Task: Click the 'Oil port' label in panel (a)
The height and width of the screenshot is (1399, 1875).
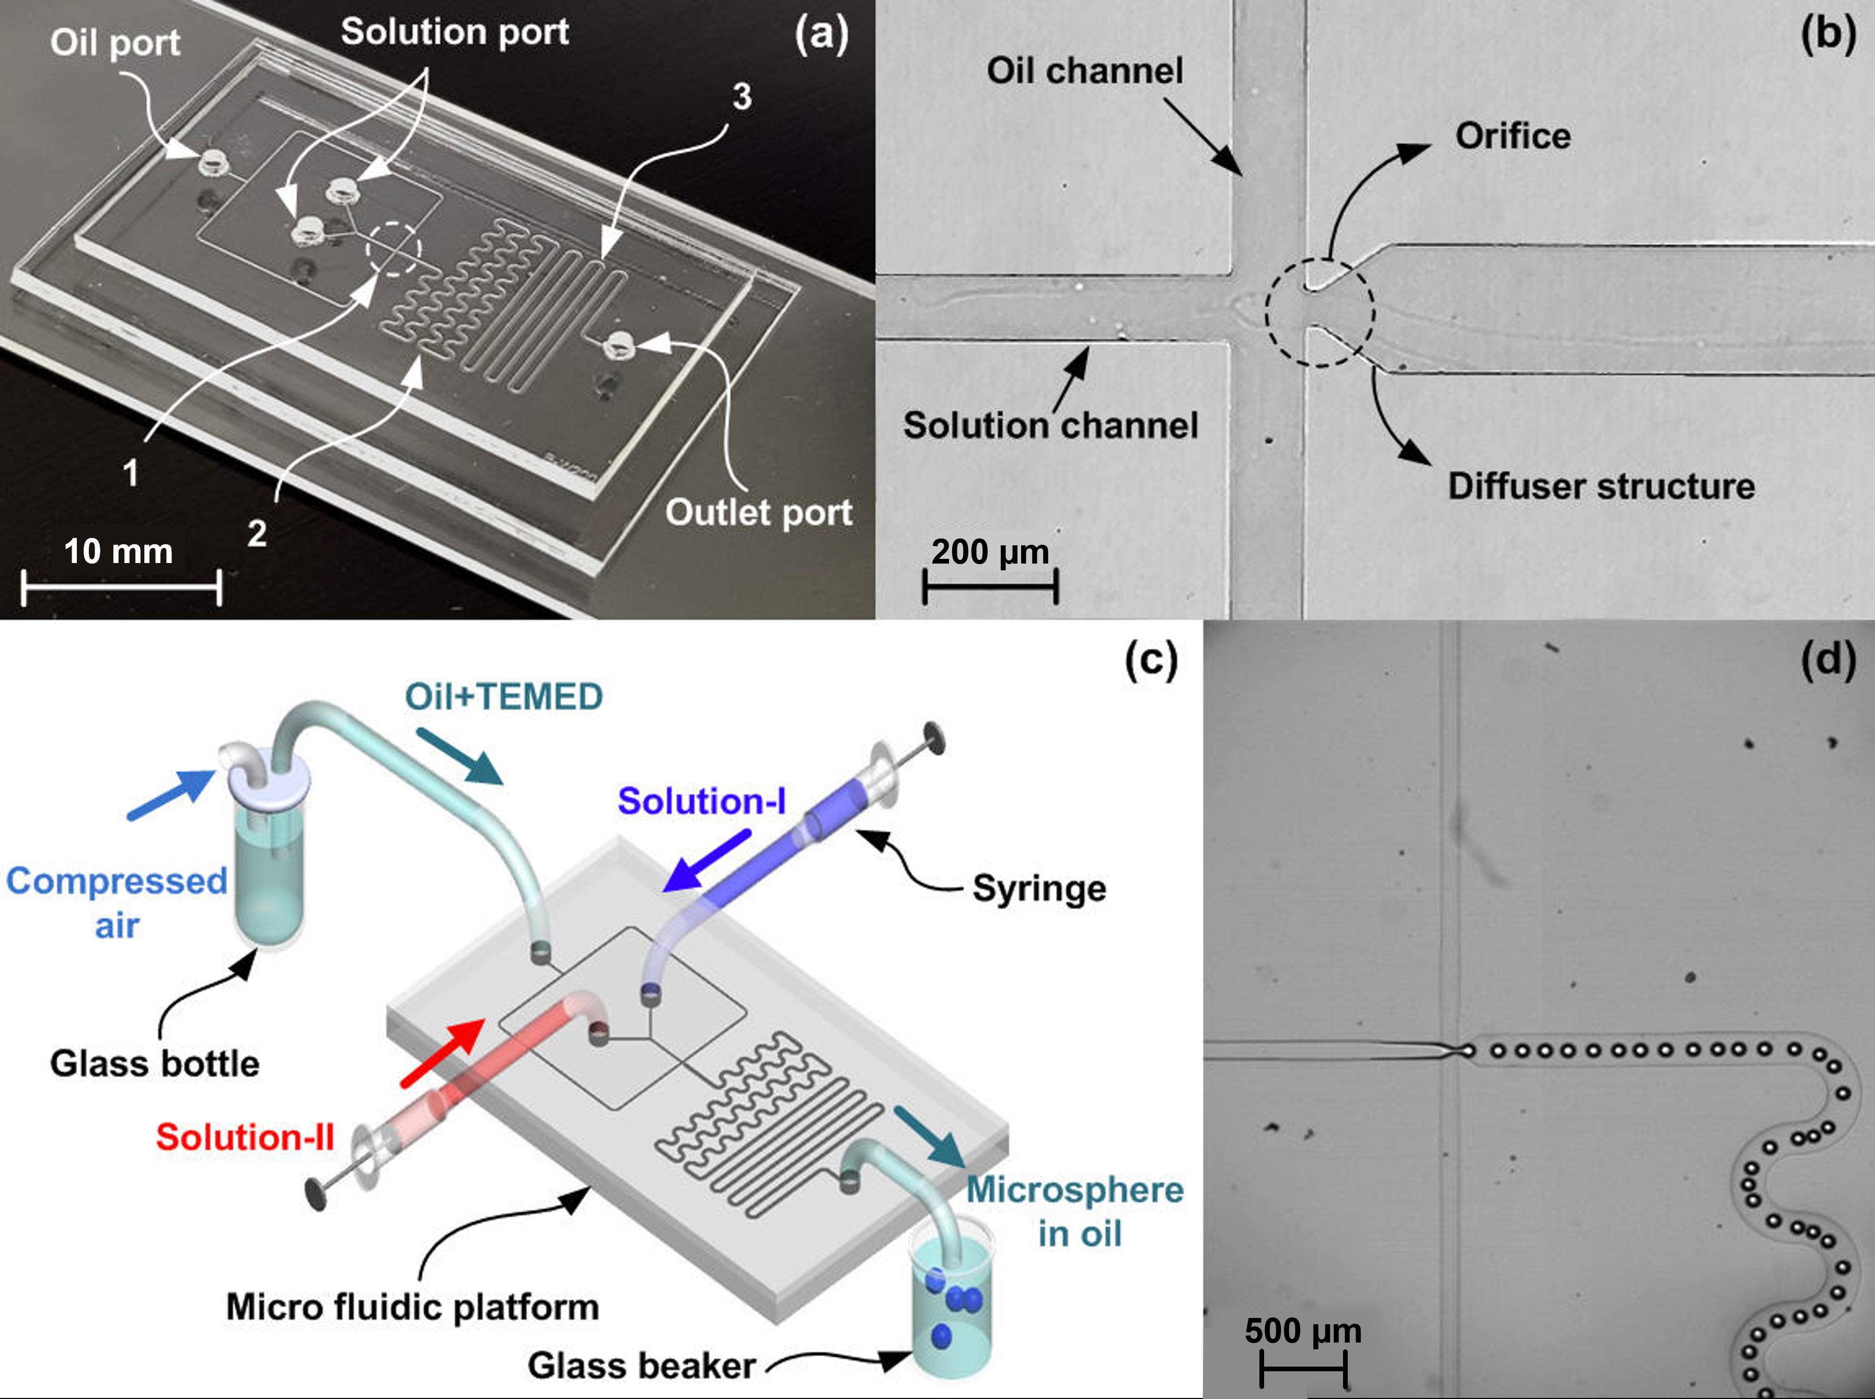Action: [x=115, y=42]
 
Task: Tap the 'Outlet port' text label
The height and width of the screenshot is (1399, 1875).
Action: [x=758, y=512]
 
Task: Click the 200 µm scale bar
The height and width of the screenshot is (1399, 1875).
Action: [x=990, y=586]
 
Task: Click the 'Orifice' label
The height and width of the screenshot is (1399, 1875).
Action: [x=1513, y=135]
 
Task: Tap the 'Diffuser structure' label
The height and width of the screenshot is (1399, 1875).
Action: [x=1601, y=486]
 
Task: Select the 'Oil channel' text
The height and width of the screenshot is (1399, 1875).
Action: [x=1084, y=70]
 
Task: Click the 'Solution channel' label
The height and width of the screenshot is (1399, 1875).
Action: [x=1050, y=425]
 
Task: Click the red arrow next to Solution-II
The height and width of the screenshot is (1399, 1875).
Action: [x=442, y=1052]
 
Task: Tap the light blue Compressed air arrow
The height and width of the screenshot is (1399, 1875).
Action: [x=170, y=794]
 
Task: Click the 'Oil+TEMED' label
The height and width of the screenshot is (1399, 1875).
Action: [x=504, y=697]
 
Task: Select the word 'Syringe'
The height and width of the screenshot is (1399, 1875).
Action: [x=1039, y=888]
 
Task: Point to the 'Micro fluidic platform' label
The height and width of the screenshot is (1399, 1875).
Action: [x=412, y=1306]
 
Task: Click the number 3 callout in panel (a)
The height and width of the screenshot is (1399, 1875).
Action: [x=742, y=97]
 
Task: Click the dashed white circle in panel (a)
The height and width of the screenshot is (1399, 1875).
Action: [x=393, y=249]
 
